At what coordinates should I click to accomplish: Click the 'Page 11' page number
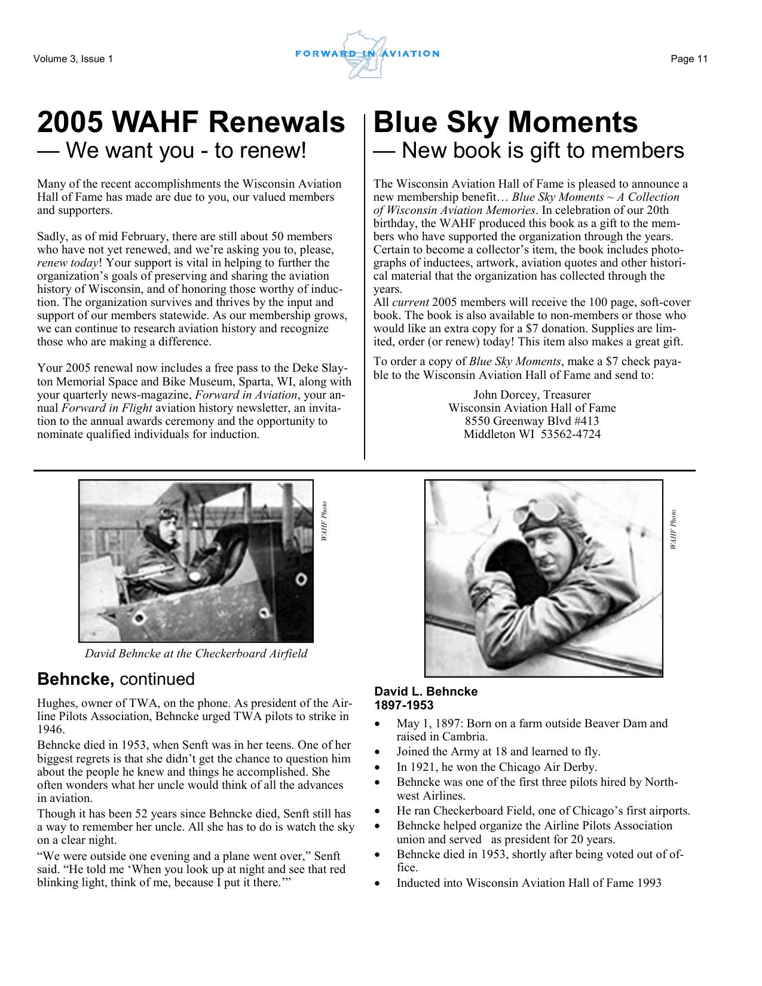click(688, 59)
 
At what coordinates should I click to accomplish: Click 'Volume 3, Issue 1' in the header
click(73, 59)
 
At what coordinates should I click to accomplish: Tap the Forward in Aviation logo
click(367, 54)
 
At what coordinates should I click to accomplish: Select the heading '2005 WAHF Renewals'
click(191, 123)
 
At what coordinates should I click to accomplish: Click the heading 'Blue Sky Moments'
click(505, 123)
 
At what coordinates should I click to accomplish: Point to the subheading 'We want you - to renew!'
click(185, 151)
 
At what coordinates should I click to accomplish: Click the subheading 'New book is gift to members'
click(542, 151)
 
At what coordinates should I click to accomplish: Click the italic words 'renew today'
click(68, 263)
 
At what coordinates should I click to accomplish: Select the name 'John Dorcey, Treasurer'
click(532, 394)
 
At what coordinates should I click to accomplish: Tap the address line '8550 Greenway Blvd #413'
click(532, 421)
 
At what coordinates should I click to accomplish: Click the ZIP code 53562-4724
click(570, 434)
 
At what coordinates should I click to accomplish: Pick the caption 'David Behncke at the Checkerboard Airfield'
click(196, 653)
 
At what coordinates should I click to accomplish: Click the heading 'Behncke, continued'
click(116, 679)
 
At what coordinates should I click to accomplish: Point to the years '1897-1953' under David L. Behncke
click(404, 705)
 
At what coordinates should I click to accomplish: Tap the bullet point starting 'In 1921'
click(496, 767)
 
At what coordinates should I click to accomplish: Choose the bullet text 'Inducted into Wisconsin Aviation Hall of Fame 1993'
click(528, 883)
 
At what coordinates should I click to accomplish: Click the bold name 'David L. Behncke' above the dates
click(426, 691)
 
